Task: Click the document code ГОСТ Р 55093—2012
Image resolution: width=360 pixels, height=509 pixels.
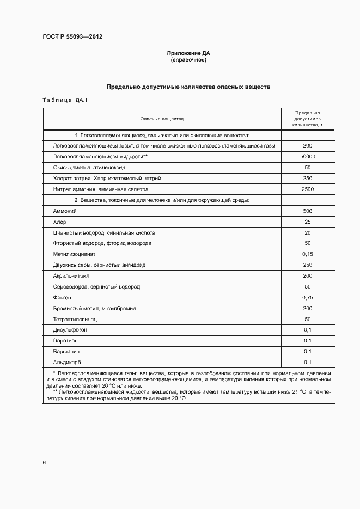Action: pyautogui.click(x=72, y=37)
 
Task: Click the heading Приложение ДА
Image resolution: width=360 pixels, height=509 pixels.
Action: pyautogui.click(x=188, y=53)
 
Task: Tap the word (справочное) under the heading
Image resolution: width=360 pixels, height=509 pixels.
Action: pyautogui.click(x=188, y=60)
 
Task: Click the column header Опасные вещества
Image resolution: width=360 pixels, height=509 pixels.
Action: pyautogui.click(x=162, y=118)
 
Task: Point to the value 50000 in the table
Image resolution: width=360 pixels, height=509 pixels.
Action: pyautogui.click(x=307, y=157)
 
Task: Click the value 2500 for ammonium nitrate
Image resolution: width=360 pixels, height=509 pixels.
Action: pyautogui.click(x=307, y=189)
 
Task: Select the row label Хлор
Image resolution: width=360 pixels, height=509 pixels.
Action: pyautogui.click(x=59, y=222)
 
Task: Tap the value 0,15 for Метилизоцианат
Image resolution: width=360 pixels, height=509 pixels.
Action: pyautogui.click(x=307, y=254)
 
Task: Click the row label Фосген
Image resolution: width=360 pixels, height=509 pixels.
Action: pyautogui.click(x=62, y=297)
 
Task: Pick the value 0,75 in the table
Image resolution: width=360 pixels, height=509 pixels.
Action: pyautogui.click(x=307, y=297)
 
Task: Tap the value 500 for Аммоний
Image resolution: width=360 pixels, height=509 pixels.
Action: pyautogui.click(x=307, y=211)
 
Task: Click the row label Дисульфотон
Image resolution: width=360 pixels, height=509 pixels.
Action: pyautogui.click(x=70, y=330)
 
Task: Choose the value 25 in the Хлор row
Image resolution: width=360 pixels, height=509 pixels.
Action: pyautogui.click(x=307, y=222)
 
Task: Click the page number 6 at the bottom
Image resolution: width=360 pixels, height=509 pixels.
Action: pyautogui.click(x=44, y=463)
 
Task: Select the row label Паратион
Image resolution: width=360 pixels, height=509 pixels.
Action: pyautogui.click(x=65, y=341)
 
